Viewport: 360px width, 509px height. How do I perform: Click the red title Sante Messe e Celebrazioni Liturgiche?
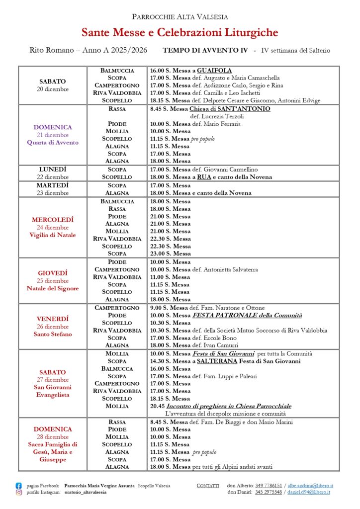[x=180, y=33]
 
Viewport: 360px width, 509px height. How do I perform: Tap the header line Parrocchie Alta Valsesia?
[x=180, y=16]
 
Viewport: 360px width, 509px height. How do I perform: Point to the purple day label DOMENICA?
[x=53, y=127]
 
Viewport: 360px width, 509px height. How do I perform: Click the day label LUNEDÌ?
[x=53, y=170]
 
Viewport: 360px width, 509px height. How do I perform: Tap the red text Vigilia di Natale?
[x=53, y=235]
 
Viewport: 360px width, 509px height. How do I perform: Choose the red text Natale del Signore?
[x=53, y=288]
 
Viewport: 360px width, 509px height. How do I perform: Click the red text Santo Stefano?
[x=53, y=334]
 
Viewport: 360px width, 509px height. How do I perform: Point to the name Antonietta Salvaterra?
[x=231, y=269]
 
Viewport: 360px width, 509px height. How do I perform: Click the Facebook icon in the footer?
[x=19, y=486]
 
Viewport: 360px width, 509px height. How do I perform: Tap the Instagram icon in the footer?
[x=19, y=492]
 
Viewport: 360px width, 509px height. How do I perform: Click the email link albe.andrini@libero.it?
[x=310, y=486]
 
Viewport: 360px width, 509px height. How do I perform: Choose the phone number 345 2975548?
[x=269, y=492]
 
